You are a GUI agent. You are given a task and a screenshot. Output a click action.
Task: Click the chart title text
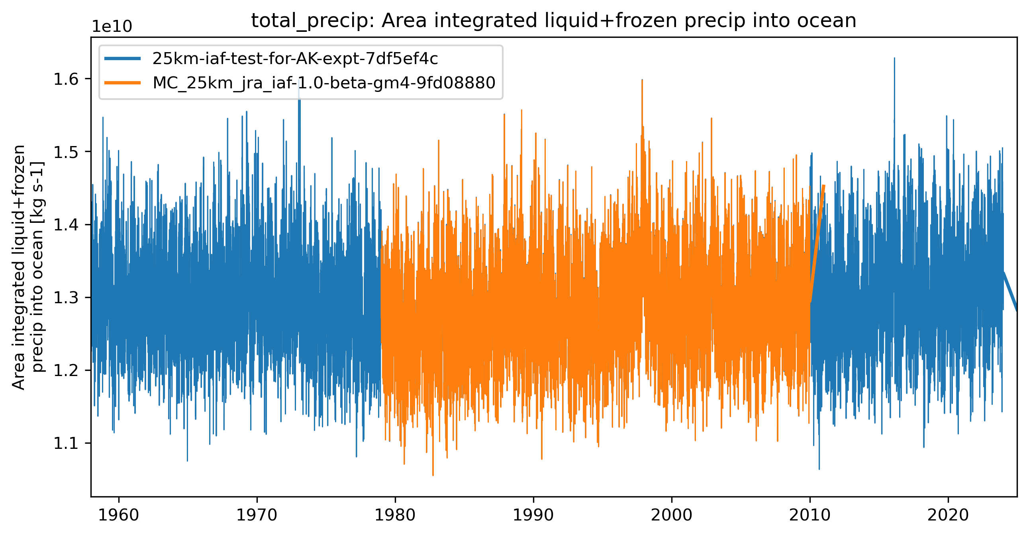(554, 21)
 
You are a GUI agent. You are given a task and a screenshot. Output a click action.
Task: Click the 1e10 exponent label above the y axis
(112, 26)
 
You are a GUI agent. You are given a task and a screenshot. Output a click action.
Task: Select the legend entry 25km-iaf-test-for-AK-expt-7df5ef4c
(295, 58)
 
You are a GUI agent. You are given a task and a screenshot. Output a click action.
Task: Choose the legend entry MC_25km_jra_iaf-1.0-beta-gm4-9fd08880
(324, 83)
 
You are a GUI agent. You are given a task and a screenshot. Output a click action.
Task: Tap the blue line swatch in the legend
(123, 58)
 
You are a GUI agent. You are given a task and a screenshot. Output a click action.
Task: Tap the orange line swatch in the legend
(123, 83)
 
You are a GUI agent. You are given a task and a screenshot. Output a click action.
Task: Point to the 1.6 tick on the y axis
(66, 80)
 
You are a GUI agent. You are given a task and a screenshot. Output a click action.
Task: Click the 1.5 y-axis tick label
(66, 152)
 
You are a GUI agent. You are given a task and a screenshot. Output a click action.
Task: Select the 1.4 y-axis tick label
(66, 225)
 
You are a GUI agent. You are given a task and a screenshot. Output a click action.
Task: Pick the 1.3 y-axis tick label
(66, 298)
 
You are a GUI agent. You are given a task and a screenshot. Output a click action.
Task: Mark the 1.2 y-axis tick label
(66, 371)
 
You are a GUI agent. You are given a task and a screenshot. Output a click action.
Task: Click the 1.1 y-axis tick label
(66, 443)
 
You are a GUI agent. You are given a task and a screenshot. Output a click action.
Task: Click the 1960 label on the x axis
(119, 515)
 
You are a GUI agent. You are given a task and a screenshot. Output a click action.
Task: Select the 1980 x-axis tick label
(395, 515)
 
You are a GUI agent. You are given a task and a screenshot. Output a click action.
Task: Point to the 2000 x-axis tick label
(672, 515)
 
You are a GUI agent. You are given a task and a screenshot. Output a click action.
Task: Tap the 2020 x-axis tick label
(948, 515)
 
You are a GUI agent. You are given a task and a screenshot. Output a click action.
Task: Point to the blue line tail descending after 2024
(1011, 292)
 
